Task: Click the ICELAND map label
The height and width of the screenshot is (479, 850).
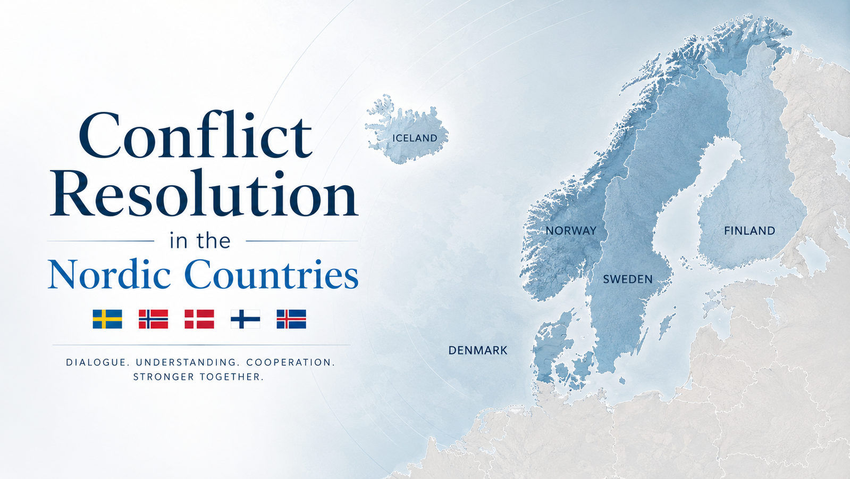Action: pyautogui.click(x=415, y=138)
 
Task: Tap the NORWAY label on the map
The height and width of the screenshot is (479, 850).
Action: pyautogui.click(x=571, y=230)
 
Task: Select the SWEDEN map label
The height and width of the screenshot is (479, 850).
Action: pyautogui.click(x=628, y=279)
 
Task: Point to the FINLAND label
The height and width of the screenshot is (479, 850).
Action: pyautogui.click(x=750, y=230)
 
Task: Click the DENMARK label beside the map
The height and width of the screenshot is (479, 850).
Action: pyautogui.click(x=478, y=350)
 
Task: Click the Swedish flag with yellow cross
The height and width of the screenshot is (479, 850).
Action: pyautogui.click(x=107, y=319)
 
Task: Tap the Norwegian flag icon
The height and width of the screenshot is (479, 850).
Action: pyautogui.click(x=153, y=319)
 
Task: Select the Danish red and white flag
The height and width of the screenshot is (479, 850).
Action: pyautogui.click(x=199, y=319)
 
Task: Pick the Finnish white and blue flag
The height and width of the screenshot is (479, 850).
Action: pyautogui.click(x=246, y=319)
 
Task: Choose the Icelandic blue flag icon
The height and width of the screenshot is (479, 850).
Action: pyautogui.click(x=291, y=319)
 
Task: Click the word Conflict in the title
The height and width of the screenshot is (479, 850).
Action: pyautogui.click(x=196, y=135)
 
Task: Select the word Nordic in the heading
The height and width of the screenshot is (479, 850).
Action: pyautogui.click(x=110, y=274)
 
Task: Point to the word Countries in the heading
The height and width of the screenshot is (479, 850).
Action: pyautogui.click(x=271, y=274)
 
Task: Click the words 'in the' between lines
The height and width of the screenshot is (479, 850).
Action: pyautogui.click(x=200, y=241)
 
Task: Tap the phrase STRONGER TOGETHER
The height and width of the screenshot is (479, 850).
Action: pyautogui.click(x=198, y=377)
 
